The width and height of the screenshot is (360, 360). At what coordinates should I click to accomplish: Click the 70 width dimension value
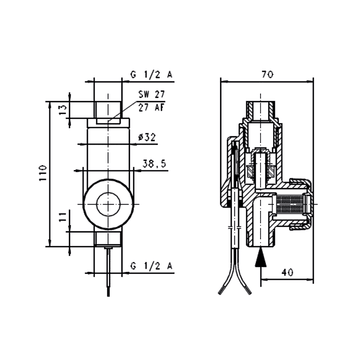pos(267,75)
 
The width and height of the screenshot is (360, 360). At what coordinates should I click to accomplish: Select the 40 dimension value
pos(287,272)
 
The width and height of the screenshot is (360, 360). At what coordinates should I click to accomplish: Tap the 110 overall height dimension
pos(43,173)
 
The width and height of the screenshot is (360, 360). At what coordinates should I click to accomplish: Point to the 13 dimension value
pos(63,109)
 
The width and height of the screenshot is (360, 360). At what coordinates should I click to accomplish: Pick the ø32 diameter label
pos(147,137)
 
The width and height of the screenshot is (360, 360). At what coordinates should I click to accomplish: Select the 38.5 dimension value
pos(155,164)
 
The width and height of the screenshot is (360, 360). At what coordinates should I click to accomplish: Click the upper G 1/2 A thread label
pos(152,75)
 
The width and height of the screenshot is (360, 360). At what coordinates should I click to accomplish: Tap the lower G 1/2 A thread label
pos(152,266)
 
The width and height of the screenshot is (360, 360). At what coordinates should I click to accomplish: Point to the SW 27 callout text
pos(152,94)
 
